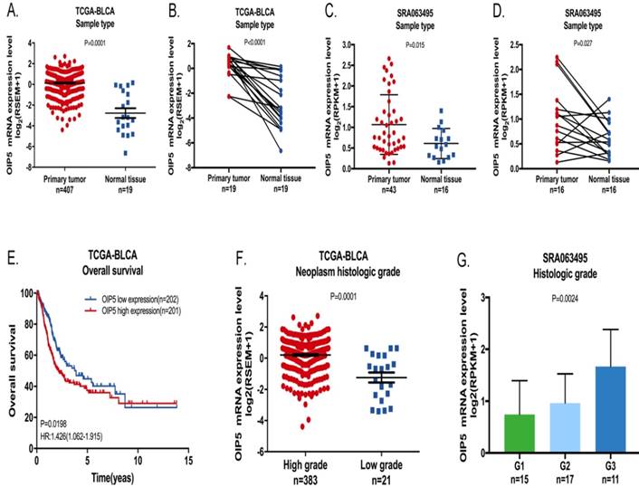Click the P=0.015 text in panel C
[x=415, y=43]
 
